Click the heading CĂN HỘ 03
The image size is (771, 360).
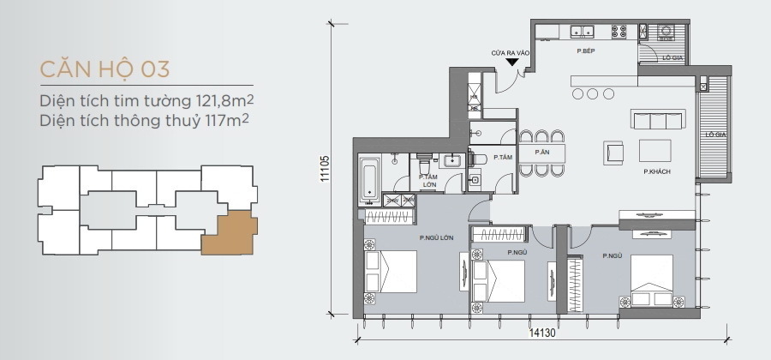click(x=105, y=69)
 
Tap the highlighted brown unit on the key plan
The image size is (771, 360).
click(x=230, y=233)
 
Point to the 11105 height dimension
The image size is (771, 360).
click(x=325, y=169)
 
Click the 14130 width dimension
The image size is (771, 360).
click(x=542, y=333)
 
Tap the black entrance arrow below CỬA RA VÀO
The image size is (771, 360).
click(x=512, y=62)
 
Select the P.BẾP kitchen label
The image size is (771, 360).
click(x=586, y=51)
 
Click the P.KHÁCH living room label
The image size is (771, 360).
click(x=657, y=171)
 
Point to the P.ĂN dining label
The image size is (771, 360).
click(x=542, y=153)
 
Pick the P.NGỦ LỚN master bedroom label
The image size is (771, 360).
click(x=437, y=237)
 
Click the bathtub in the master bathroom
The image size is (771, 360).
click(x=370, y=179)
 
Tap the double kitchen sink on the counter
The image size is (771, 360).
click(x=583, y=32)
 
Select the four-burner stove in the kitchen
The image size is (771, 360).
click(x=619, y=32)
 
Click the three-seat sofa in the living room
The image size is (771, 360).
click(x=658, y=119)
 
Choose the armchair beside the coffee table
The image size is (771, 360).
click(x=613, y=152)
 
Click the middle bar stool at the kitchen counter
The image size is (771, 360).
click(x=592, y=93)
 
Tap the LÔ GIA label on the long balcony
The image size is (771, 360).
click(x=716, y=134)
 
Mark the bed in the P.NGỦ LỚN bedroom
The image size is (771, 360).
click(x=391, y=272)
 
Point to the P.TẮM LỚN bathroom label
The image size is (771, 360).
click(x=429, y=181)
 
